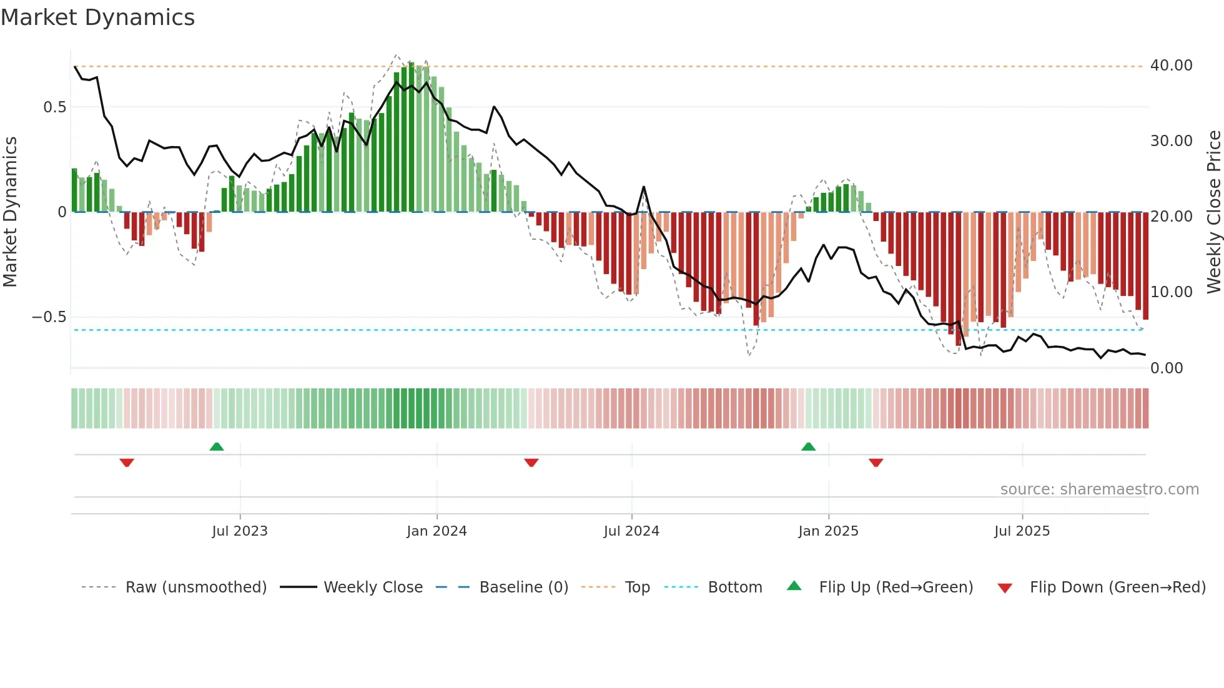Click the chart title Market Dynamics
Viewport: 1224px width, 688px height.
(x=98, y=17)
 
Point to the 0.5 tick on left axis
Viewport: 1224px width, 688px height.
(x=54, y=107)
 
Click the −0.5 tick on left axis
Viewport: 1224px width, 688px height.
(x=49, y=317)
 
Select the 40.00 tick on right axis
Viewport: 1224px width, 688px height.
(x=1171, y=66)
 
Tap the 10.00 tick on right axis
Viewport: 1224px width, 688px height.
(x=1171, y=292)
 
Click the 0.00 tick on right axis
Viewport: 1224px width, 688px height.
(x=1166, y=368)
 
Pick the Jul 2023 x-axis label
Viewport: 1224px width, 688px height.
(x=240, y=531)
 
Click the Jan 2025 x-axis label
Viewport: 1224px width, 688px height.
(x=828, y=531)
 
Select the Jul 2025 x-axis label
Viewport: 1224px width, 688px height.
(x=1022, y=531)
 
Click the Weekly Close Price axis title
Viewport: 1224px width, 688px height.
(x=1213, y=212)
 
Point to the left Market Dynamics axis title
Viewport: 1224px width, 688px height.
(x=11, y=212)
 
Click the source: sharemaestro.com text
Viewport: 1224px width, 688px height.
(x=1099, y=489)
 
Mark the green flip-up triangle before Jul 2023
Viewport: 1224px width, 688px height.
(x=217, y=447)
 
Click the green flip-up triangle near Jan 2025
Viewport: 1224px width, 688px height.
(x=808, y=447)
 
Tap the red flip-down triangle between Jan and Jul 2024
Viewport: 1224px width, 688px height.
(x=531, y=463)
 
